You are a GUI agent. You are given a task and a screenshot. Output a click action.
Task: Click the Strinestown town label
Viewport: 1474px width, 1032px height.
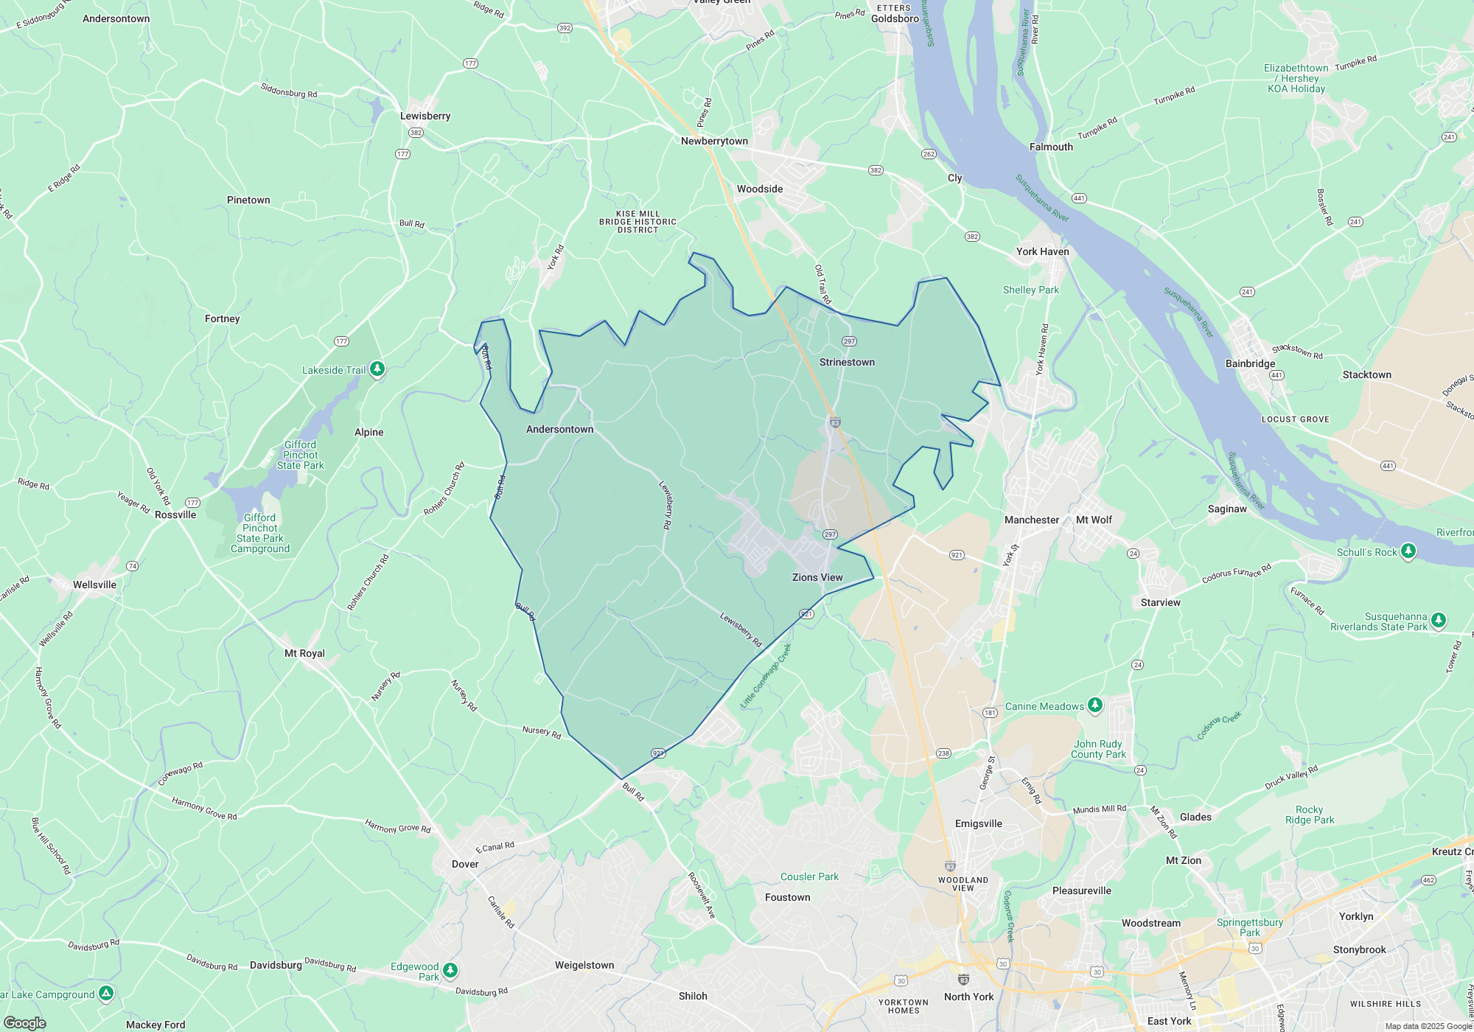pyautogui.click(x=847, y=362)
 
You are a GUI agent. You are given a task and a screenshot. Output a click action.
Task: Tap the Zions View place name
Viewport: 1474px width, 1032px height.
pyautogui.click(x=817, y=577)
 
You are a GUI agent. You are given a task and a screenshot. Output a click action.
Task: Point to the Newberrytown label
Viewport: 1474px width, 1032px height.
pyautogui.click(x=714, y=141)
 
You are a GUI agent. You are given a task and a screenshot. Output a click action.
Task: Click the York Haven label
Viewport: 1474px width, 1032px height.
pyautogui.click(x=1042, y=251)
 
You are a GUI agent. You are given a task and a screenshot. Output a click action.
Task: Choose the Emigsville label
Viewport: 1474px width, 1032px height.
pyautogui.click(x=978, y=823)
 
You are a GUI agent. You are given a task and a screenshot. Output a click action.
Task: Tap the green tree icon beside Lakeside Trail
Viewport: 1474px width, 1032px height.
pyautogui.click(x=377, y=369)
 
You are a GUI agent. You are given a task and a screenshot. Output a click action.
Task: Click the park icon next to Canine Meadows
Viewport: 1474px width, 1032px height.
pyautogui.click(x=1095, y=705)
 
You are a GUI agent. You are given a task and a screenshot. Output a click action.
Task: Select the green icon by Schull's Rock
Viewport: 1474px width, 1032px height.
pyautogui.click(x=1408, y=551)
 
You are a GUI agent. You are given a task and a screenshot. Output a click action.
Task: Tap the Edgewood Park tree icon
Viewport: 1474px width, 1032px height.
pyautogui.click(x=450, y=969)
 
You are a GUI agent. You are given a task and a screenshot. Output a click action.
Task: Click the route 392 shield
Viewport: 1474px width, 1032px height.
pyautogui.click(x=565, y=28)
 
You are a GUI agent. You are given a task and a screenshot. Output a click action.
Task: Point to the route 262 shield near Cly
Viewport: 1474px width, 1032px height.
pyautogui.click(x=929, y=154)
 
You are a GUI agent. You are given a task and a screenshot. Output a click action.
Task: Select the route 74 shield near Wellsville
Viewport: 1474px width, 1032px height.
pyautogui.click(x=132, y=566)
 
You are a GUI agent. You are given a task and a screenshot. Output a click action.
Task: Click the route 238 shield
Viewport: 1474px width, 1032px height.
pyautogui.click(x=943, y=753)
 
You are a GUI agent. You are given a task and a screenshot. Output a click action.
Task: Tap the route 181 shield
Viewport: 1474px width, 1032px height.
pyautogui.click(x=990, y=713)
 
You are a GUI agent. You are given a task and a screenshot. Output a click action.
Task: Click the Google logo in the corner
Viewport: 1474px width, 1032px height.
pyautogui.click(x=25, y=1022)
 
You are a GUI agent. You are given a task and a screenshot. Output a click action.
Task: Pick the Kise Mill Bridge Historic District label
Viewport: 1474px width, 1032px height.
pyautogui.click(x=638, y=222)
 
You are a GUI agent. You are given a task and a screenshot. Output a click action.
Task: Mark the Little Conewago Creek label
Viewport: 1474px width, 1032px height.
pyautogui.click(x=766, y=676)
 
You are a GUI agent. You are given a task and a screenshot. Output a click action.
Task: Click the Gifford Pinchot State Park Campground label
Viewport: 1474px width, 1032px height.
pyautogui.click(x=260, y=533)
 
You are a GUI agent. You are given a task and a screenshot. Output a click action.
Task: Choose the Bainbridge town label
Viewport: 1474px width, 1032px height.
pyautogui.click(x=1250, y=363)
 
